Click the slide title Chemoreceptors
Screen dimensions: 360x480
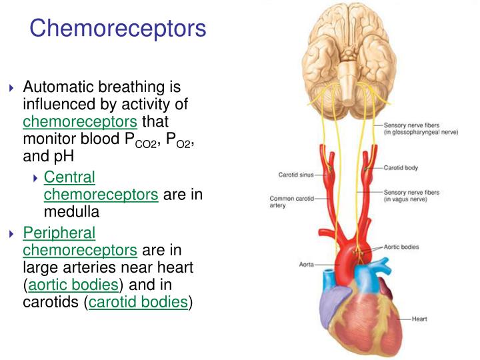pos(118,28)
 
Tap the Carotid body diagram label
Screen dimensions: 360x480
pos(401,168)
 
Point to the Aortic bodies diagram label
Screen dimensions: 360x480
pos(401,247)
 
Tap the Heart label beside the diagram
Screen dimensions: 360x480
pos(419,319)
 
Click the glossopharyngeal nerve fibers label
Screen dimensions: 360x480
pos(421,129)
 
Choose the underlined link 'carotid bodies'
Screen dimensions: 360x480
pos(138,301)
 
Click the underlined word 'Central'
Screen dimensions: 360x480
pos(69,177)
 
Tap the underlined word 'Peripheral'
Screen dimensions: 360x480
pos(59,233)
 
